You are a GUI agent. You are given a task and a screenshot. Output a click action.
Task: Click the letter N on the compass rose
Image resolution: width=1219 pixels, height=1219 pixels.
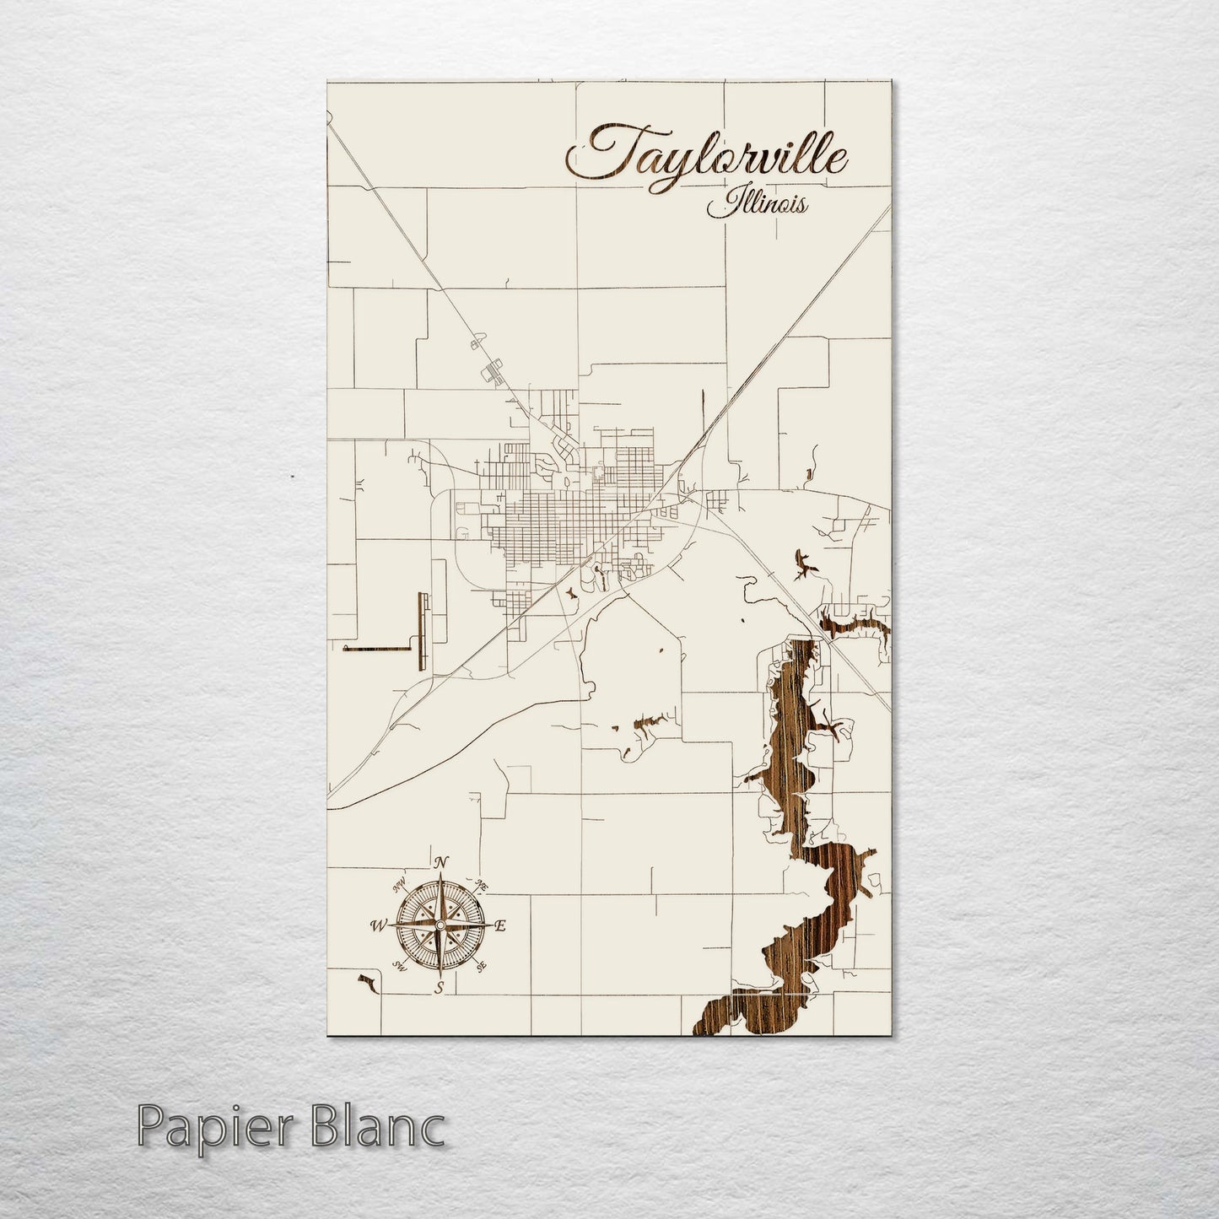point(440,862)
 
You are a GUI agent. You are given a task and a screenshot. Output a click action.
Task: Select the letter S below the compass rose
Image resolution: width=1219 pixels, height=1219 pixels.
point(438,988)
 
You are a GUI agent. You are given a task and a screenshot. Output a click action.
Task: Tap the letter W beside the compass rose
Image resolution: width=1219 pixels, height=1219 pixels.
point(375,925)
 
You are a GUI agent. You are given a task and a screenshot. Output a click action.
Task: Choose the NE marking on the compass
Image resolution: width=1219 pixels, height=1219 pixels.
point(482,884)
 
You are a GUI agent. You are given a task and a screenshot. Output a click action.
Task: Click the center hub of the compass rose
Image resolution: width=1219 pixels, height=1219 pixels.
point(439,925)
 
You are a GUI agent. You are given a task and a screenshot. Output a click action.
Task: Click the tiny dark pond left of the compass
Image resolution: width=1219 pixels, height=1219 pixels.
point(365,982)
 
